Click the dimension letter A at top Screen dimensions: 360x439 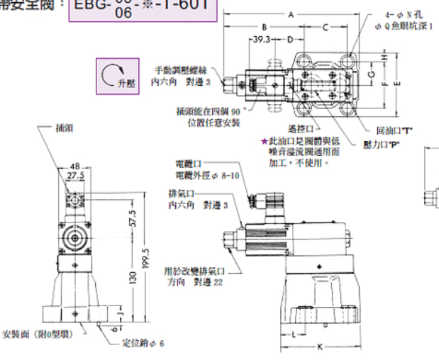(x=291, y=14)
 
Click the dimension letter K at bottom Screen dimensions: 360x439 (x=319, y=347)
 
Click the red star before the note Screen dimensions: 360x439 (x=265, y=142)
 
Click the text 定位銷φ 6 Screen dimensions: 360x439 (x=143, y=344)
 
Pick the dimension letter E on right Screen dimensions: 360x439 (x=396, y=82)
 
